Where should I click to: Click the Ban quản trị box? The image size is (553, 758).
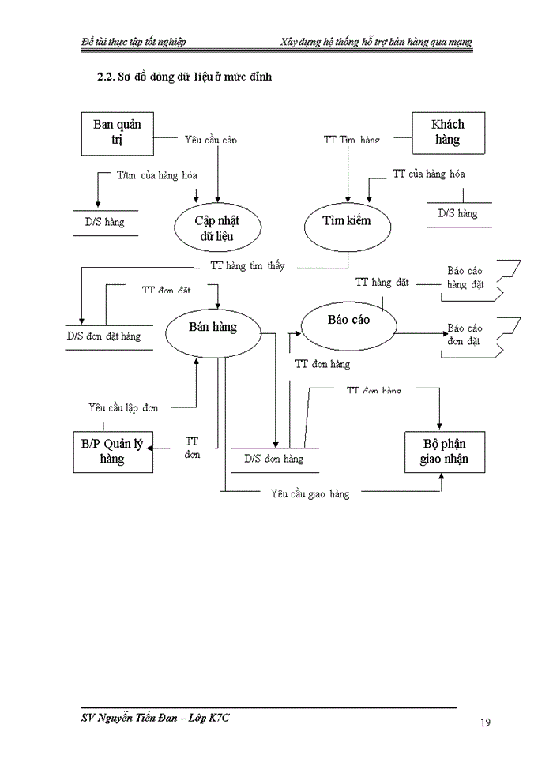pyautogui.click(x=118, y=133)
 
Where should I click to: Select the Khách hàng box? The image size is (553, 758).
pyautogui.click(x=448, y=133)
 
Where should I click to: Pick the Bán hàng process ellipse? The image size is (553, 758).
pyautogui.click(x=213, y=327)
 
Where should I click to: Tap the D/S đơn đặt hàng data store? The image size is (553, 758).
pyautogui.click(x=103, y=336)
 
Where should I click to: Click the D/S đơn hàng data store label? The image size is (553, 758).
pyautogui.click(x=273, y=459)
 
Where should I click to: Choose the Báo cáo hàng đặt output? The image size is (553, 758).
pyautogui.click(x=465, y=277)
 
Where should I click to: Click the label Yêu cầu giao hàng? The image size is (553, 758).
pyautogui.click(x=309, y=494)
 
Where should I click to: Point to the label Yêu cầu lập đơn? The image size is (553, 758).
pyautogui.click(x=123, y=407)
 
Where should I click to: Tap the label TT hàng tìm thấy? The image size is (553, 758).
pyautogui.click(x=247, y=266)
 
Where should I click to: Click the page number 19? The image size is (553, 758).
pyautogui.click(x=485, y=722)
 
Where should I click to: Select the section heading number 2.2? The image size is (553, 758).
pyautogui.click(x=105, y=77)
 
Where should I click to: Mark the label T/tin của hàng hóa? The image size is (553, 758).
pyautogui.click(x=156, y=175)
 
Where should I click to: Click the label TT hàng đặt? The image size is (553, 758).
pyautogui.click(x=382, y=282)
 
